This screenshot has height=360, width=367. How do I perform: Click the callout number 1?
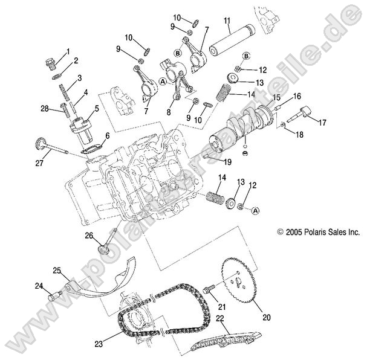pos(68,51)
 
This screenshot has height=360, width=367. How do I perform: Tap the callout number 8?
pos(168,111)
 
